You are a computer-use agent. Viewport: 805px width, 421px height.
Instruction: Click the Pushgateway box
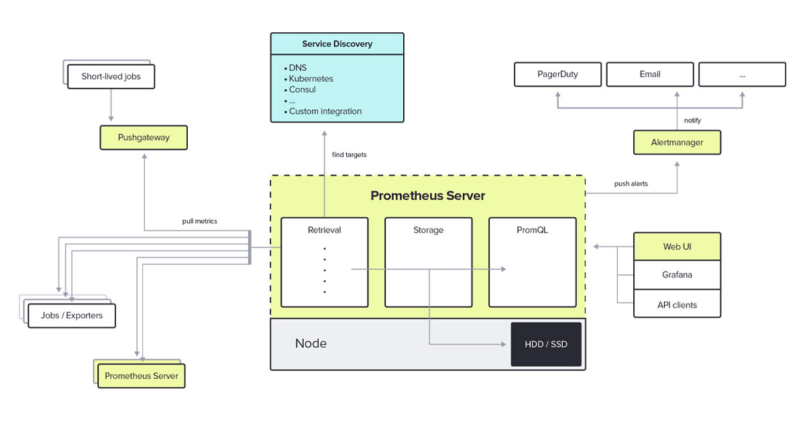[x=144, y=137]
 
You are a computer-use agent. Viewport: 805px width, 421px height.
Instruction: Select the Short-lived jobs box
[x=111, y=76]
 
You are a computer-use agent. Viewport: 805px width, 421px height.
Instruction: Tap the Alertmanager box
[x=677, y=142]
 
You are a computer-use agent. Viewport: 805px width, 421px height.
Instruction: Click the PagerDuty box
[x=557, y=74]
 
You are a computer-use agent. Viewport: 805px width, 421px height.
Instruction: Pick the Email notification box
[x=650, y=74]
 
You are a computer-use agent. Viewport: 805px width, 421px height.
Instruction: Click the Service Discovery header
[x=337, y=44]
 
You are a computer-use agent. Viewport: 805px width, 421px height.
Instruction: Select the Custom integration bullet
[x=325, y=111]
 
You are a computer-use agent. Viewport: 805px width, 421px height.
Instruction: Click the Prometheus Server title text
[x=427, y=196]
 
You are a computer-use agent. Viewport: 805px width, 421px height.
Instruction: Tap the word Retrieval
[x=324, y=230]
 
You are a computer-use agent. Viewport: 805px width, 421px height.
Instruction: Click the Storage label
[x=428, y=230]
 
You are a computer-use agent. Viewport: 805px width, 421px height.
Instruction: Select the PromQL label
[x=532, y=230]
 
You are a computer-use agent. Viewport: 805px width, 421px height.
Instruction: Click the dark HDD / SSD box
[x=545, y=344]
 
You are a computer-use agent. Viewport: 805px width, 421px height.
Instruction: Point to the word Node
[x=311, y=343]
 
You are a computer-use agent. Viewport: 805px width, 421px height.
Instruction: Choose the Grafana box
[x=677, y=275]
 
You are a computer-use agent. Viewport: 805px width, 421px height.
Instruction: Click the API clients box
[x=677, y=304]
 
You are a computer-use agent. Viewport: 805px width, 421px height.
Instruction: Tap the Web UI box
[x=677, y=247]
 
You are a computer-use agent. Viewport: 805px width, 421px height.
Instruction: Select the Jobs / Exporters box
[x=72, y=315]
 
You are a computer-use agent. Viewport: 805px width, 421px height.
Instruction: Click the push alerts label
[x=631, y=184]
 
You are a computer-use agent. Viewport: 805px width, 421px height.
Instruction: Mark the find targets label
[x=349, y=155]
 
